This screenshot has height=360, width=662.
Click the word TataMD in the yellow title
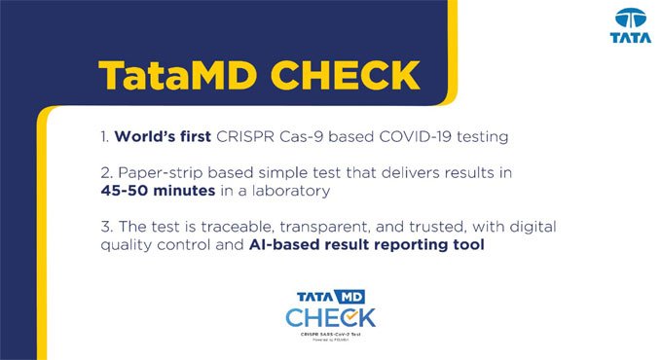(169, 74)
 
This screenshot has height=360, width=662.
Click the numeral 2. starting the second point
(105, 172)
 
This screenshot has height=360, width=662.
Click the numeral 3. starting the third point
(105, 227)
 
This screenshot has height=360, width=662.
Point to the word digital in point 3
(531, 227)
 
